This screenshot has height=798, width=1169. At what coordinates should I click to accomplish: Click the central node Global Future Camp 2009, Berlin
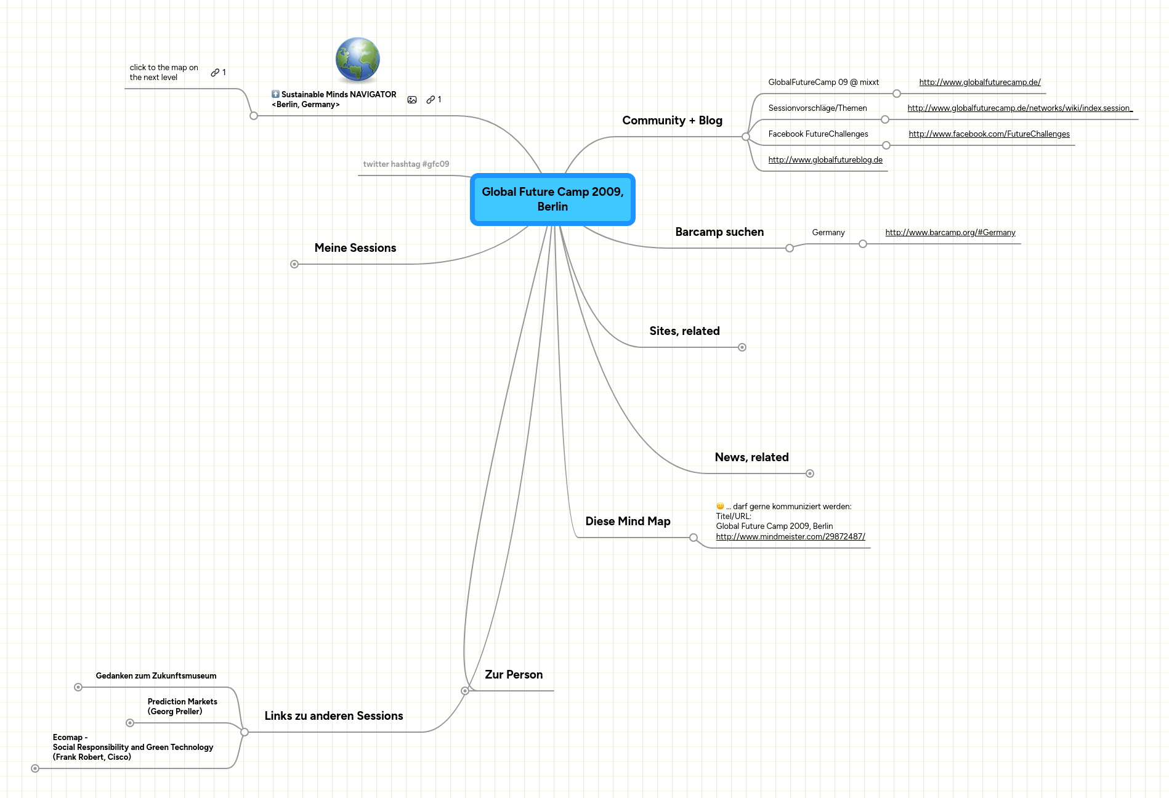pos(552,199)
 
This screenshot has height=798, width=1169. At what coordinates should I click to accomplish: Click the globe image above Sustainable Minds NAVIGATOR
pos(357,60)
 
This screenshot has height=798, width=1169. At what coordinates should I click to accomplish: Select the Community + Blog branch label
pos(672,121)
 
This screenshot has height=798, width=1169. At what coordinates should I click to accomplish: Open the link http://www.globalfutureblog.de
pos(825,160)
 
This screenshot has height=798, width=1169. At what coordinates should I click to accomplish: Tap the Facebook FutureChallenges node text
pos(818,134)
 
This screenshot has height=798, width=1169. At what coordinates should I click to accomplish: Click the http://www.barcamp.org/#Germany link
pos(950,233)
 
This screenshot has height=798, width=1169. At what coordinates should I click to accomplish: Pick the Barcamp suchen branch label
pos(719,232)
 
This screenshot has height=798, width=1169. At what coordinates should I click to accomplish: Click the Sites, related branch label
pos(684,331)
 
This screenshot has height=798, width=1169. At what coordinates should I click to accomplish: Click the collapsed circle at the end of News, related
pos(810,474)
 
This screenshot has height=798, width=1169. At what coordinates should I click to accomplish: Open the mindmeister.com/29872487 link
pos(790,537)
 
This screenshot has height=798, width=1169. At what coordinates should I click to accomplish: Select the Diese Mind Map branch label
pos(628,522)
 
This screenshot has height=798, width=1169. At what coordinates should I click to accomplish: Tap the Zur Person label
pos(514,675)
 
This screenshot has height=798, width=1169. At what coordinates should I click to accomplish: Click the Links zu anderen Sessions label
pos(334,716)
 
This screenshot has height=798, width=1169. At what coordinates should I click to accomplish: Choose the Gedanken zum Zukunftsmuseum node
pos(156,676)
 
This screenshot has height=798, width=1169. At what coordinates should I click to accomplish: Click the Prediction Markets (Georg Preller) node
pos(182,707)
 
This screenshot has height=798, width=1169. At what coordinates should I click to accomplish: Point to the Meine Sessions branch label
pos(355,248)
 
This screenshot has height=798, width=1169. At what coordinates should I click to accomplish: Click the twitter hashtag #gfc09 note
pos(406,164)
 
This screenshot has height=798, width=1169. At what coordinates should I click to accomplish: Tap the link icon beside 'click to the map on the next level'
pos(215,73)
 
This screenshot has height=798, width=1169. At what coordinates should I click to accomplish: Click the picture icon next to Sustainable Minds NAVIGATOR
pos(412,100)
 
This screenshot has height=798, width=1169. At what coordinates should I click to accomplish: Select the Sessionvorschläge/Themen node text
pos(817,108)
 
